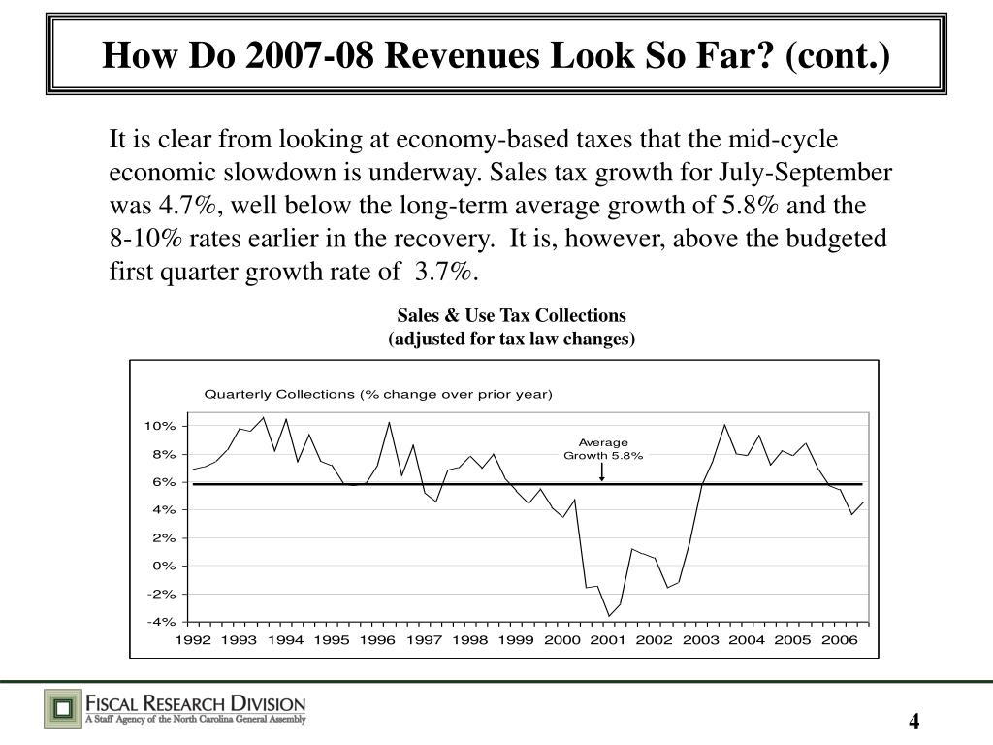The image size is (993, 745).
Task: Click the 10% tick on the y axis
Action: pyautogui.click(x=160, y=426)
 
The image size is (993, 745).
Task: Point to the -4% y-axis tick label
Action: pyautogui.click(x=160, y=622)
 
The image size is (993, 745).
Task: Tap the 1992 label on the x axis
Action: pyautogui.click(x=192, y=640)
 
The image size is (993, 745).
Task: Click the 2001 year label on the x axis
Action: pyautogui.click(x=608, y=640)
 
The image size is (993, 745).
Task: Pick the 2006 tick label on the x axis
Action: pyautogui.click(x=840, y=640)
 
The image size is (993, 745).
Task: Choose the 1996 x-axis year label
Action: pyautogui.click(x=377, y=640)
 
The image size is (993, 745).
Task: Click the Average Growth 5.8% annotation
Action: pyautogui.click(x=603, y=449)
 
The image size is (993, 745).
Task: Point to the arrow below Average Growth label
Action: pyautogui.click(x=603, y=472)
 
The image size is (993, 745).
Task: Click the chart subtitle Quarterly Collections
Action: pyautogui.click(x=377, y=394)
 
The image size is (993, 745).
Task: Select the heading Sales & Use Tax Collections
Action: pyautogui.click(x=511, y=316)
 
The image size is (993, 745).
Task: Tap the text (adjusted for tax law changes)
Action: pyautogui.click(x=511, y=339)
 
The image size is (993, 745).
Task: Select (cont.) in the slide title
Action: pyautogui.click(x=843, y=56)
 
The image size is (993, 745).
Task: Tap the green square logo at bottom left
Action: pyautogui.click(x=62, y=708)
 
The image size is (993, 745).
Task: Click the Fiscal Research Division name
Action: pyautogui.click(x=197, y=702)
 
